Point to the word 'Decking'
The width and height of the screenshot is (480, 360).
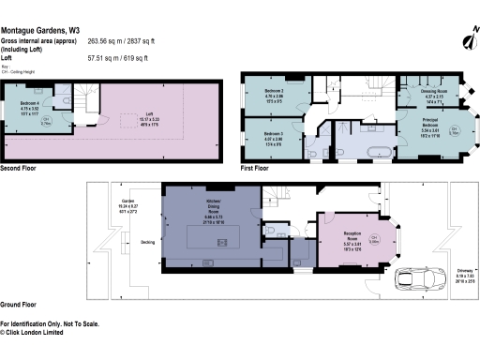tap(148, 241)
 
